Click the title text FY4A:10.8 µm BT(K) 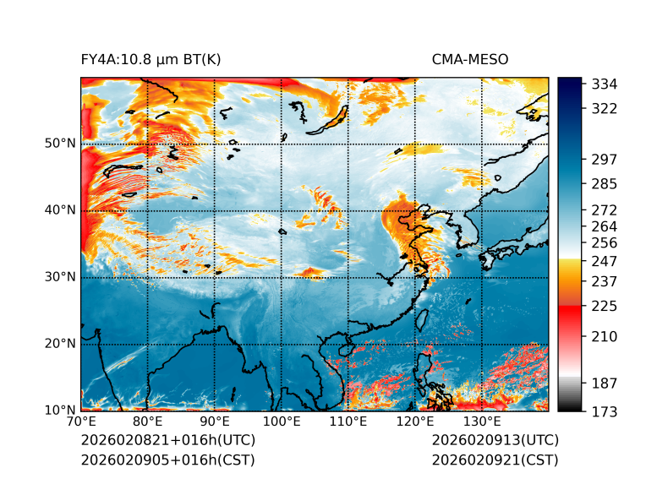click(151, 59)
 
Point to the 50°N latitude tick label click(60, 144)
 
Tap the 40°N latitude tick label click(60, 210)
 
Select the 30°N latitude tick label click(60, 277)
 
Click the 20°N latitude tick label click(60, 344)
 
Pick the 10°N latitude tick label click(60, 411)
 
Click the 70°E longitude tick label click(81, 422)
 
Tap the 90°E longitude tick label click(215, 422)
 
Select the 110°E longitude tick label click(348, 422)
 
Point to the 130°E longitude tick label click(482, 422)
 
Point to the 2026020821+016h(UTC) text click(167, 440)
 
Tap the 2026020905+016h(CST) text click(167, 460)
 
